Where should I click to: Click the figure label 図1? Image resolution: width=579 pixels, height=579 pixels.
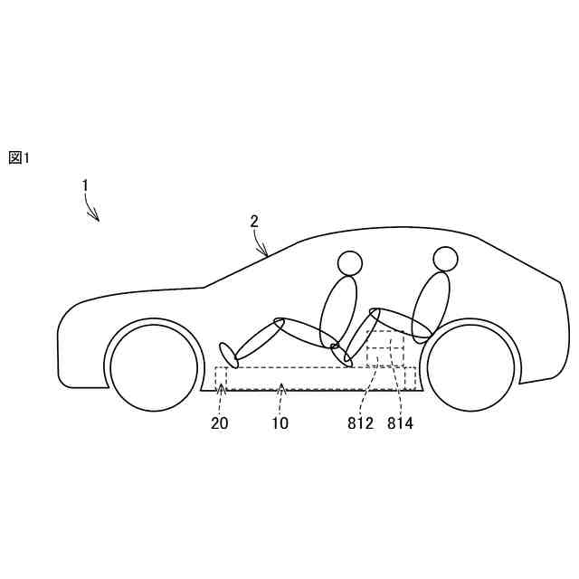click(x=19, y=157)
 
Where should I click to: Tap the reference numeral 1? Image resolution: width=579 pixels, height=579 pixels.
click(x=85, y=185)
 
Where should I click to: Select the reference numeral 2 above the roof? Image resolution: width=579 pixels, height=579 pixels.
click(x=254, y=221)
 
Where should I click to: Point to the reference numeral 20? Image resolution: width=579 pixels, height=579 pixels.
click(x=221, y=422)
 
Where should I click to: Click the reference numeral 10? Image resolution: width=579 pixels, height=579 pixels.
click(x=280, y=422)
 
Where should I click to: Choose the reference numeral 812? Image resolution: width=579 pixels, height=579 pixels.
click(x=359, y=422)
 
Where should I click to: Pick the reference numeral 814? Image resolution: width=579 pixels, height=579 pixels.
click(x=400, y=422)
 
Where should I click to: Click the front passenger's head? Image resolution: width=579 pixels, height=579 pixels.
click(x=350, y=263)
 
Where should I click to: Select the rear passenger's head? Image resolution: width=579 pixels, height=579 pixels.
click(x=444, y=259)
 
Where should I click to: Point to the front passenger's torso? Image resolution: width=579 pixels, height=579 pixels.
click(x=338, y=309)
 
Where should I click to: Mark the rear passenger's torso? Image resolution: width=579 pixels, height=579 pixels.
click(x=431, y=305)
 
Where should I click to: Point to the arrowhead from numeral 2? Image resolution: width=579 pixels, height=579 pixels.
click(x=267, y=255)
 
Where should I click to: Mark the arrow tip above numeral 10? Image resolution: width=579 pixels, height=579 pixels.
click(x=280, y=386)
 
